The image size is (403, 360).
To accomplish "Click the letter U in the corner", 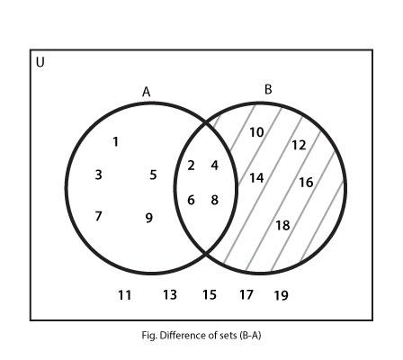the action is click(x=40, y=62).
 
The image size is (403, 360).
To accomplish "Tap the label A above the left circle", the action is click(x=146, y=92).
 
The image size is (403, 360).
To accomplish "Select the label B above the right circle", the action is click(x=268, y=89).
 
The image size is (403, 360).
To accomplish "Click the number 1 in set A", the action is click(x=115, y=141).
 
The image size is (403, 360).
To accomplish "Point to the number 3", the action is click(x=98, y=175).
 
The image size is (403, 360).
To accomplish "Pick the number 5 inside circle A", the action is click(x=153, y=175).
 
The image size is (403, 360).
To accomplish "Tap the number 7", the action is click(x=98, y=216).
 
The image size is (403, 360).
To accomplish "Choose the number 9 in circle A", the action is click(x=149, y=218).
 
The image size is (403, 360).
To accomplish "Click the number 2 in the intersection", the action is click(x=191, y=166).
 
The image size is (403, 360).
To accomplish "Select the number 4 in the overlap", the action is click(x=214, y=166).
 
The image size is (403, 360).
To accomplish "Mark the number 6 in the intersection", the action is click(x=191, y=200).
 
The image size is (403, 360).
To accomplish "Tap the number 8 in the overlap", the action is click(x=214, y=200).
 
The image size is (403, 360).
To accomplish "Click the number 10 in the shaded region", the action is click(x=256, y=132).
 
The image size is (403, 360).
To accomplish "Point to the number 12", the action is click(x=299, y=145).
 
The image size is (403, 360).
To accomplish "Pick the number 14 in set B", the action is click(x=256, y=178).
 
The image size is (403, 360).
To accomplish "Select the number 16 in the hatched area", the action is click(x=306, y=183).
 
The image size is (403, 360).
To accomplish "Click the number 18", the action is click(x=282, y=225).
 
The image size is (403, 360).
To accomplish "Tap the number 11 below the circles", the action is click(x=124, y=295).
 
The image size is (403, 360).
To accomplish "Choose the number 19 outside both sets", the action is click(x=281, y=295).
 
